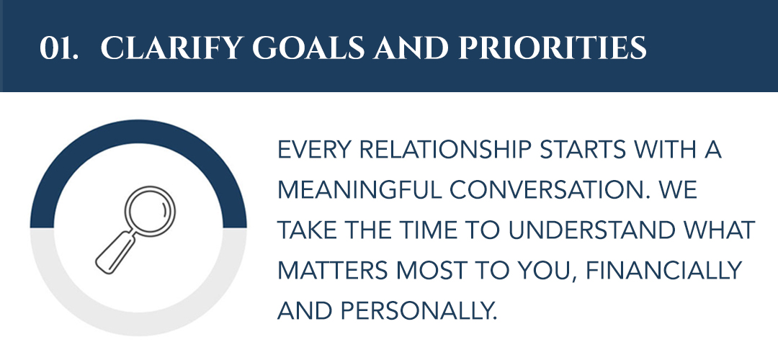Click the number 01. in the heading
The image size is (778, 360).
58,48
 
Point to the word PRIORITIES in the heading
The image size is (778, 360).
553,48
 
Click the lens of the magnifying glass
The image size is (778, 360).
150,211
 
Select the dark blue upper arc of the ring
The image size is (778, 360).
138,132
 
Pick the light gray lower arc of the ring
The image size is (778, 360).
138,324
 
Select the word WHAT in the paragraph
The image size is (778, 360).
719,230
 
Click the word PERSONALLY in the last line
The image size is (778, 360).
419,311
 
